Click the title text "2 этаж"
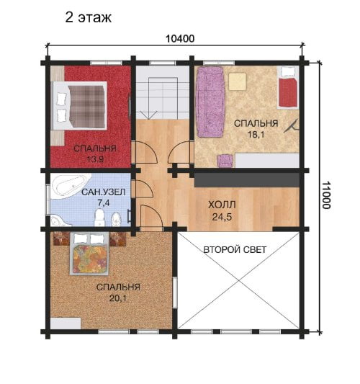click(89, 17)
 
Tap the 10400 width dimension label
click(180, 39)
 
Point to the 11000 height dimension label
click(326, 195)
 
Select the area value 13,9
click(95, 159)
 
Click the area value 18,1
click(256, 135)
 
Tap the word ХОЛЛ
click(222, 205)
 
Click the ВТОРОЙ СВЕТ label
click(235, 250)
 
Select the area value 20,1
click(118, 298)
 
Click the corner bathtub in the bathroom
click(69, 185)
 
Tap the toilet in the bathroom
click(99, 217)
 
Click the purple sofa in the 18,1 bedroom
click(211, 102)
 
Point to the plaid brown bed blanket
click(87, 107)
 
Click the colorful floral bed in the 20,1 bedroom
click(89, 254)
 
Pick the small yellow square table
click(237, 81)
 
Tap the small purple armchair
click(225, 161)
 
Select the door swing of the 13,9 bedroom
click(145, 152)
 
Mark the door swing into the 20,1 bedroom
click(151, 218)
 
